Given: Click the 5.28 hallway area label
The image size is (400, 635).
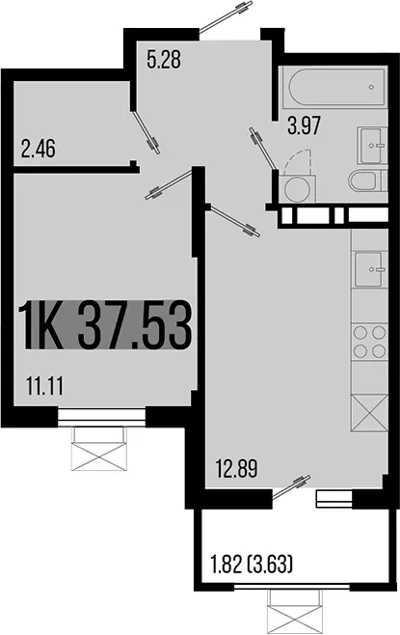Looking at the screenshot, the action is point(164,60).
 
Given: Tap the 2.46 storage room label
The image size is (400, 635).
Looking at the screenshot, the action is point(38,149).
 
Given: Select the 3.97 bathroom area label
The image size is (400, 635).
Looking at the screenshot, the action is point(304,125).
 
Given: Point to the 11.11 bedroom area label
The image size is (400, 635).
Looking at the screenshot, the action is point(44,386).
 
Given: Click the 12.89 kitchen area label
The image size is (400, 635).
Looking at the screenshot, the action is point(236,469).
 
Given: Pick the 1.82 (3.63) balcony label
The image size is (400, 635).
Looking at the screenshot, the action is point(252,565).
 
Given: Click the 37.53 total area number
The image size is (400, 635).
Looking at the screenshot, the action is point(134,324).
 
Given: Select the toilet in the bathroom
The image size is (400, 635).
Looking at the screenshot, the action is point(368,181).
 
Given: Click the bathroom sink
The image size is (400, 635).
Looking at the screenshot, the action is point(372,145).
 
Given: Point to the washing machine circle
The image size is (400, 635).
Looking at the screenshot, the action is point(300,189).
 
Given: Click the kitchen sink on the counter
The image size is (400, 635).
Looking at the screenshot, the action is point(370,269).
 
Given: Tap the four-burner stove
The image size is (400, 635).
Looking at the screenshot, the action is point(370,343).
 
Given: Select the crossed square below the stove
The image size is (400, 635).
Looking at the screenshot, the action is point(370,413).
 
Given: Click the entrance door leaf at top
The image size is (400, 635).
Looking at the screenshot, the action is point(227,16).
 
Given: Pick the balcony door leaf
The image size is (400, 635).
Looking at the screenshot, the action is point(292,487).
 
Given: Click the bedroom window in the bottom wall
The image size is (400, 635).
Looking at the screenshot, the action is point(101,417).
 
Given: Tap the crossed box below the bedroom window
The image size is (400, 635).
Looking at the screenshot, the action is point(99,449).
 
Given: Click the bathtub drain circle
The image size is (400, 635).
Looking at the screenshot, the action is point(371,87).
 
